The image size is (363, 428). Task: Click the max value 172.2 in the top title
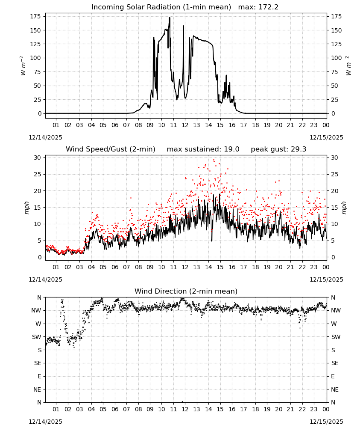268,7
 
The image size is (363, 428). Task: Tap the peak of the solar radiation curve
170,18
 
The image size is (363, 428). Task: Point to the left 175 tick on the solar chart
36,16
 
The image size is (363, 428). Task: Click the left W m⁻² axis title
23,65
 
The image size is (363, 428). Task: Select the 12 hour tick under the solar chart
185,125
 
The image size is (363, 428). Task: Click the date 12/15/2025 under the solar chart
326,137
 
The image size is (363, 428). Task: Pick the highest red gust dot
214,160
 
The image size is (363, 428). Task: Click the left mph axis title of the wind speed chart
26,208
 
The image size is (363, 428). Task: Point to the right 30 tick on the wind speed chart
334,158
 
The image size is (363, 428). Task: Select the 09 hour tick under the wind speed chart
150,267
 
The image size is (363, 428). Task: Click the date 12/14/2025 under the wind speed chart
45,279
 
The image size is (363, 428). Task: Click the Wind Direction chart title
186,291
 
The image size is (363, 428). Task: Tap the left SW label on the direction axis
37,337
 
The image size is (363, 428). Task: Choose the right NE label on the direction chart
335,389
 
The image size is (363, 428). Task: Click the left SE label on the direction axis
38,363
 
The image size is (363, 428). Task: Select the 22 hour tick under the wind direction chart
302,409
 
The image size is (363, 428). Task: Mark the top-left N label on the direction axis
39,297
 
